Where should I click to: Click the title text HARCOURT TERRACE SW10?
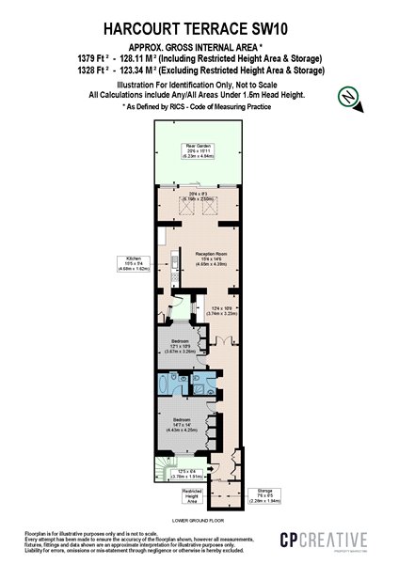pyautogui.click(x=199, y=30)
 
